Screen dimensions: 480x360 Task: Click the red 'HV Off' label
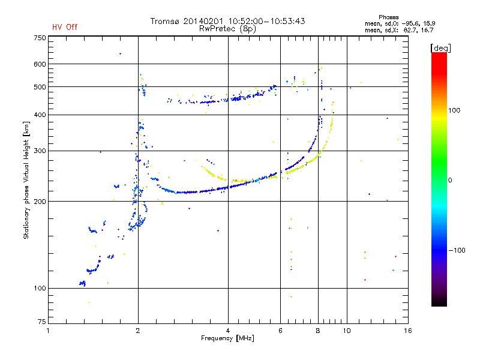tap(65, 27)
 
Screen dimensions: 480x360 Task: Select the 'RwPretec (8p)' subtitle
tap(227, 29)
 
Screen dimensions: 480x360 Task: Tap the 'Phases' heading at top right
tap(388, 17)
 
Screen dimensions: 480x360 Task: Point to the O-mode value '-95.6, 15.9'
tap(418, 23)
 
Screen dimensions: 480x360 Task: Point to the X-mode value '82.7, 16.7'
tap(418, 30)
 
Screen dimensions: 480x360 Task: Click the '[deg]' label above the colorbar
tap(440, 48)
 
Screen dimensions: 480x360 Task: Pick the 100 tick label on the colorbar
tap(454, 110)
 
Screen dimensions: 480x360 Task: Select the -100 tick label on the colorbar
tap(457, 250)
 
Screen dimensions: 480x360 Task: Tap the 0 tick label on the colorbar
tap(450, 181)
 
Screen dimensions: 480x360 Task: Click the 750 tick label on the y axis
tap(40, 38)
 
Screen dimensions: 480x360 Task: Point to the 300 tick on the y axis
tap(40, 151)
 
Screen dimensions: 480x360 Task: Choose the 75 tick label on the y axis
tap(42, 322)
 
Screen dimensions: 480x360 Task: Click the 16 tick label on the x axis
tap(408, 331)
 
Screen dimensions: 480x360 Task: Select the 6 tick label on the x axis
tap(280, 331)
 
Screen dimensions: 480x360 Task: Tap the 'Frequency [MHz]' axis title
tap(227, 338)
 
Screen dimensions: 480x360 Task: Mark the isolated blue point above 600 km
tap(121, 54)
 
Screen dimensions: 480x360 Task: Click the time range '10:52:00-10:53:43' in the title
tap(266, 21)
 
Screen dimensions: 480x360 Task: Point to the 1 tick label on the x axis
tap(48, 331)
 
